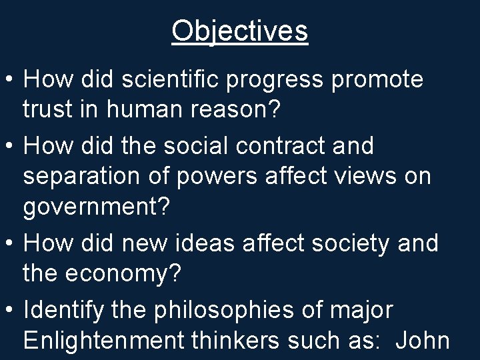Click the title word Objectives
[240, 31]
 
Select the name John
[422, 341]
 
